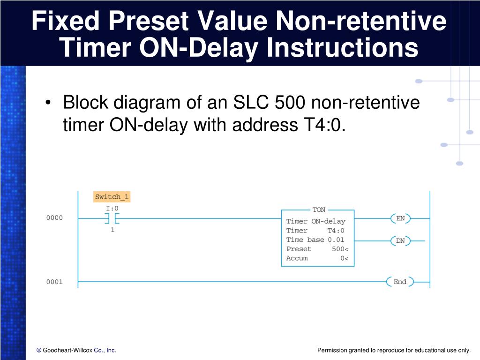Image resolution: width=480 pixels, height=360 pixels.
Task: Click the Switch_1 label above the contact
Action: pos(112,197)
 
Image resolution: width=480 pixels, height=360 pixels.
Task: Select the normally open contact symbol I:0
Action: pos(112,218)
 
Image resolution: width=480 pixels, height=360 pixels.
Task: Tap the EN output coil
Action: pos(400,218)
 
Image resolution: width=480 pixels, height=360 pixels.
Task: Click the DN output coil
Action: pos(400,241)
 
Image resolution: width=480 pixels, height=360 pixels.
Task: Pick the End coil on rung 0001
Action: pos(400,282)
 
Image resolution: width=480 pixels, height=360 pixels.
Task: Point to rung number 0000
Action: pos(54,218)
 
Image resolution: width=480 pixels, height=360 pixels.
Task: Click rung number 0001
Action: pos(54,282)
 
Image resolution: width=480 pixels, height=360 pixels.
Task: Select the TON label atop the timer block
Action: pos(319,210)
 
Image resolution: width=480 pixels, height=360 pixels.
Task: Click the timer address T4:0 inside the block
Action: pos(336,230)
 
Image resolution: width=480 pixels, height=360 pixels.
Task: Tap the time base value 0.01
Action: pos(336,240)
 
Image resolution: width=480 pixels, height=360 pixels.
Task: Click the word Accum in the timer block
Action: pos(297,258)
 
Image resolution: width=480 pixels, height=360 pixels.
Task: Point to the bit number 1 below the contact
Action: pos(112,230)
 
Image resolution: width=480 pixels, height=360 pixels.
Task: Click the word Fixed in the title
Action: pos(64,22)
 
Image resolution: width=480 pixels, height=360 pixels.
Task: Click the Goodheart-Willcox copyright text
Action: pos(76,350)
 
